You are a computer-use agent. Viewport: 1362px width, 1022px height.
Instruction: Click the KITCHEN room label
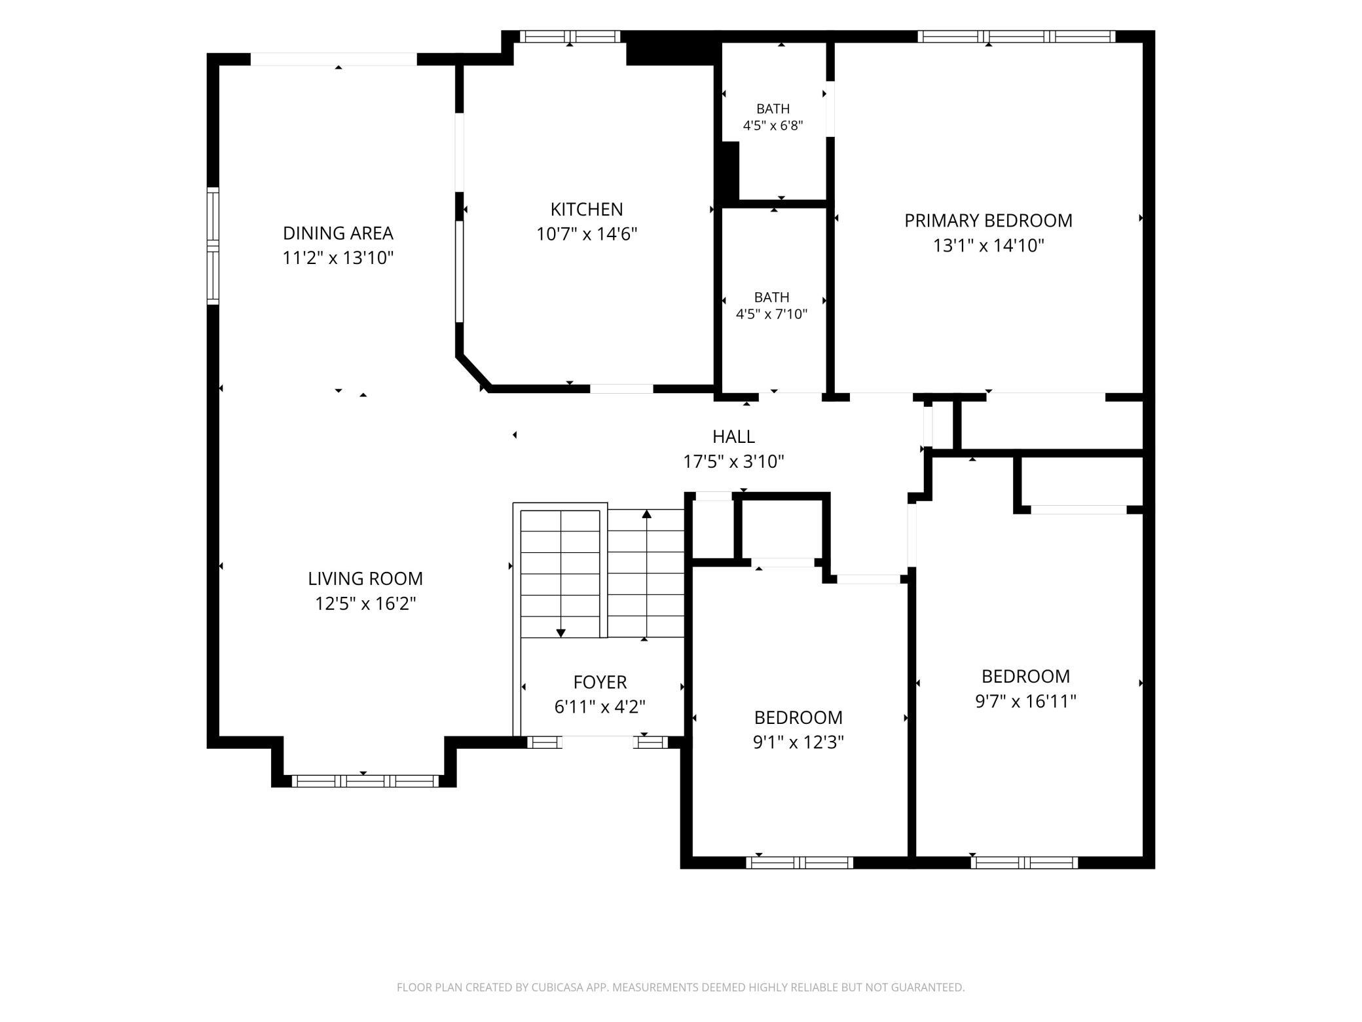pyautogui.click(x=587, y=210)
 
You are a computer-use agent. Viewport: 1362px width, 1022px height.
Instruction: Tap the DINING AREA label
pyautogui.click(x=338, y=233)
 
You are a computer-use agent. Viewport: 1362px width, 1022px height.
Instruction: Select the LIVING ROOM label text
pyautogui.click(x=365, y=578)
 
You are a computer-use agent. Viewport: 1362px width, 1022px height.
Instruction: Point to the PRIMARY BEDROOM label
pyautogui.click(x=988, y=221)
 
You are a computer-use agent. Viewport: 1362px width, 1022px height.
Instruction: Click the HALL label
pyautogui.click(x=733, y=436)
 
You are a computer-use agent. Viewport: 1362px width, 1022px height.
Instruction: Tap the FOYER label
pyautogui.click(x=600, y=682)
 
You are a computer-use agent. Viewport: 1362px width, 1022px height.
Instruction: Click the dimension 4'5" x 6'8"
pyautogui.click(x=773, y=125)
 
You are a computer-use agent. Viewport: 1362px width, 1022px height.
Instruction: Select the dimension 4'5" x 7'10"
pyautogui.click(x=771, y=314)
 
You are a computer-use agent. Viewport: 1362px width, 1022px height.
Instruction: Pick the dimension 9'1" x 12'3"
pyautogui.click(x=798, y=742)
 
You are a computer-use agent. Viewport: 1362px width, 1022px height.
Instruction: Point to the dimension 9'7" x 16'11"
pyautogui.click(x=1025, y=702)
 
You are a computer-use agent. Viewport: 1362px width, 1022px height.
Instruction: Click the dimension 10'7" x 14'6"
pyautogui.click(x=587, y=234)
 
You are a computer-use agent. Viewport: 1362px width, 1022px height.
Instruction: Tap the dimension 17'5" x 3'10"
pyautogui.click(x=733, y=462)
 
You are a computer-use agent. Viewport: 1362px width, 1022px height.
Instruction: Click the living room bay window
pyautogui.click(x=365, y=780)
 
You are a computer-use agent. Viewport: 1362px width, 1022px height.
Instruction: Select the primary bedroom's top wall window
pyautogui.click(x=1016, y=37)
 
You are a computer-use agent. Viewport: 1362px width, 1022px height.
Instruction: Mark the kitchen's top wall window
pyautogui.click(x=570, y=37)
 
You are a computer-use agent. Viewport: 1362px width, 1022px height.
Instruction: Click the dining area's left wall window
pyautogui.click(x=213, y=246)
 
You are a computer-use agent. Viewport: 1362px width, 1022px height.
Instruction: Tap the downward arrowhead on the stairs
pyautogui.click(x=561, y=633)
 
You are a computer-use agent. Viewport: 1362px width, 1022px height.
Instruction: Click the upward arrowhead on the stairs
pyautogui.click(x=647, y=514)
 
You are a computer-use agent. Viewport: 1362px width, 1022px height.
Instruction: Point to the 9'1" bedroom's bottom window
pyautogui.click(x=800, y=863)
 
